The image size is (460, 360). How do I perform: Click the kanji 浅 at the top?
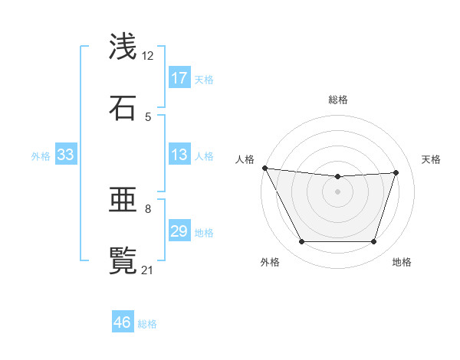click(123, 47)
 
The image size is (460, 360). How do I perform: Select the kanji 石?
click(123, 108)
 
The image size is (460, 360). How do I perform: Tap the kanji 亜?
click(123, 200)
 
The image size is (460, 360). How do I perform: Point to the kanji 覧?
click(123, 261)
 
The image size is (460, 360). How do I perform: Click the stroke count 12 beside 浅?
click(148, 55)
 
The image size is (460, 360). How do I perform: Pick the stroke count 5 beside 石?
click(148, 116)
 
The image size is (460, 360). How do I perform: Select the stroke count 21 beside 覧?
click(148, 270)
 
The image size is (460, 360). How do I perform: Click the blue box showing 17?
click(179, 78)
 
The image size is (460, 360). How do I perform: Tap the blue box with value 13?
click(179, 155)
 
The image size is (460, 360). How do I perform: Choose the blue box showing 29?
click(179, 231)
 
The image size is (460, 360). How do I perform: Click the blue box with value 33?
click(66, 155)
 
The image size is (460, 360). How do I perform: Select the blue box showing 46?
click(123, 322)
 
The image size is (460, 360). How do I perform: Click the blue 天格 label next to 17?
click(204, 79)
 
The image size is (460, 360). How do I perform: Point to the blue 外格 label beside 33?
click(41, 155)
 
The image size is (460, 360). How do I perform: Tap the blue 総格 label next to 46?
click(147, 323)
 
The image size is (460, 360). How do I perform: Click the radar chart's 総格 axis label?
click(338, 100)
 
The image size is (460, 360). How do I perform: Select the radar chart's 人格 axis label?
click(245, 159)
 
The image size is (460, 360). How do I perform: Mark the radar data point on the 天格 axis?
click(396, 172)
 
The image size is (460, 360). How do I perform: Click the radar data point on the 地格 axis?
click(374, 242)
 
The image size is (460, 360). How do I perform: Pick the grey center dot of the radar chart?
click(338, 191)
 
